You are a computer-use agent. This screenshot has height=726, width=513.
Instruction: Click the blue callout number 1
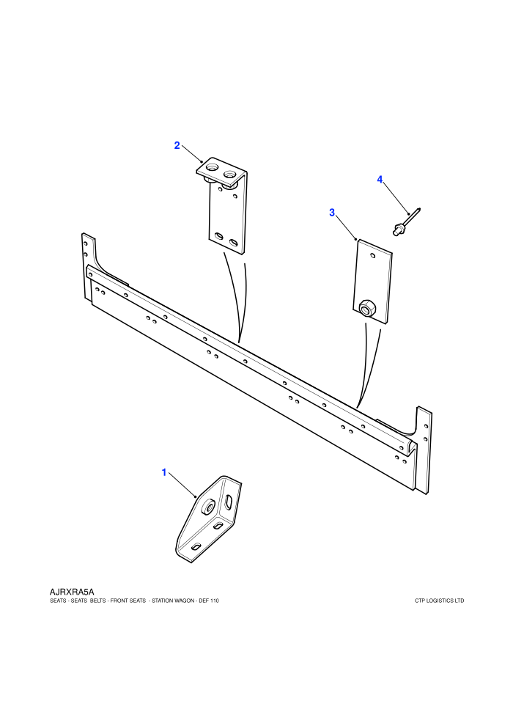tap(163, 472)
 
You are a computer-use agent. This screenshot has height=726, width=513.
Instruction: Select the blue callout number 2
tap(177, 145)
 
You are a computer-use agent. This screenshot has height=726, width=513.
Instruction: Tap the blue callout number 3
tap(332, 213)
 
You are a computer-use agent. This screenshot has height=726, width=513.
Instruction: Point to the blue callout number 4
tap(380, 179)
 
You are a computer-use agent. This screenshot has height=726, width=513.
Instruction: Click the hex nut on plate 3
tap(367, 307)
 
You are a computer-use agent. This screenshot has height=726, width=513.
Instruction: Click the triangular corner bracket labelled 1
tap(209, 519)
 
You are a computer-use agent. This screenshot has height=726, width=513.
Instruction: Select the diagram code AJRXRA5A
tap(72, 592)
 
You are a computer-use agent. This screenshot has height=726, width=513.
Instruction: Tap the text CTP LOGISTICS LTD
tap(439, 601)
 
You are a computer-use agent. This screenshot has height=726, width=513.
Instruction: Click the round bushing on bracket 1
tap(207, 507)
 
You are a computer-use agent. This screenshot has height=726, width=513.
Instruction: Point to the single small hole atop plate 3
tap(373, 255)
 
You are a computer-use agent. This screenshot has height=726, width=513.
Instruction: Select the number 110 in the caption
tap(214, 601)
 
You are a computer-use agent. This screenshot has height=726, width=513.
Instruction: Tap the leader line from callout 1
tap(182, 485)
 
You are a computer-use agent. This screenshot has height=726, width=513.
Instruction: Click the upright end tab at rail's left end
tap(89, 268)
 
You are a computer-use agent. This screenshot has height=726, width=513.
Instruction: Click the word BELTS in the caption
tap(98, 601)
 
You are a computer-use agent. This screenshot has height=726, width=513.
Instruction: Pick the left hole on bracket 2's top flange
tap(212, 166)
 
